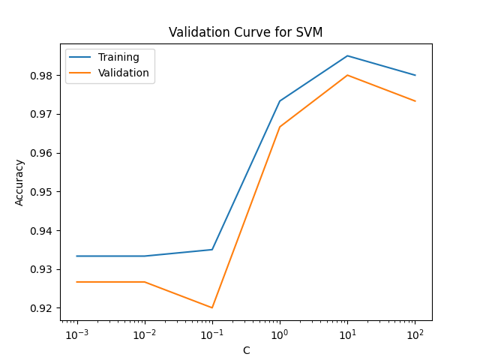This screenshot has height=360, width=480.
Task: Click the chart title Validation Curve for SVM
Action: coord(245,32)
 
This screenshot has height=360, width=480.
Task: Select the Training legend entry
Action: coord(118,58)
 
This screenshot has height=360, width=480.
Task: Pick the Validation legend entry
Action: coord(124,73)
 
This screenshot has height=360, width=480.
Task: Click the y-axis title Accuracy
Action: coord(20,182)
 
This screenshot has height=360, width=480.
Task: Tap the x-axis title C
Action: coord(246,350)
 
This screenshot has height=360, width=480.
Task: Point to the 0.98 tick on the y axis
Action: coord(43,76)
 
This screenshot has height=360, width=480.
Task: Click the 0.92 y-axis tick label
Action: coord(43,308)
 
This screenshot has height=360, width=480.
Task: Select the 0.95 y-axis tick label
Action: coord(43,192)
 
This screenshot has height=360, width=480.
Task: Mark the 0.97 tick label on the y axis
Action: coord(43,115)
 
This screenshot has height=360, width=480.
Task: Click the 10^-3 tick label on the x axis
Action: coord(76,332)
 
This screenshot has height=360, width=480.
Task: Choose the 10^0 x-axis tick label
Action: coord(280,332)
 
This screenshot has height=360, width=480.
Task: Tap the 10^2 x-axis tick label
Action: coord(415,332)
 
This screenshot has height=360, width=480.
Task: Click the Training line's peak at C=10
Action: coord(347,55)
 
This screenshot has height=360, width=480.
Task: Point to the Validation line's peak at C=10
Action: coord(347,75)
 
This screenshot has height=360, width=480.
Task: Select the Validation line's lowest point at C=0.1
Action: coord(212,307)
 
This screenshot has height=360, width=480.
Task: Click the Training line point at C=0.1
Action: coord(212,250)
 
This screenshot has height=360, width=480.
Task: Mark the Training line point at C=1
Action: coord(280,101)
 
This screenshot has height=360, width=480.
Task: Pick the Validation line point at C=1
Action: coord(280,127)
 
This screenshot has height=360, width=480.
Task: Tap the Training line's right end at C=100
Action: coord(415,75)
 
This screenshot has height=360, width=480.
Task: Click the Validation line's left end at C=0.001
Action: coord(76,282)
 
